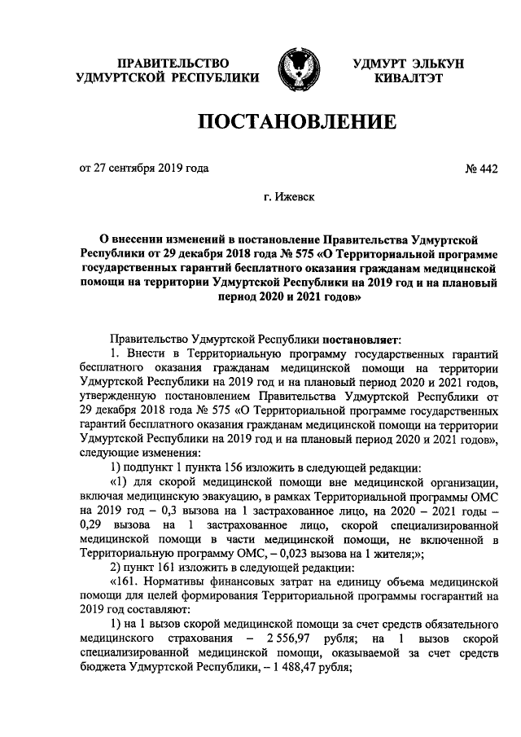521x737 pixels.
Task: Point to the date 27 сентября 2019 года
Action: tap(151, 169)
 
